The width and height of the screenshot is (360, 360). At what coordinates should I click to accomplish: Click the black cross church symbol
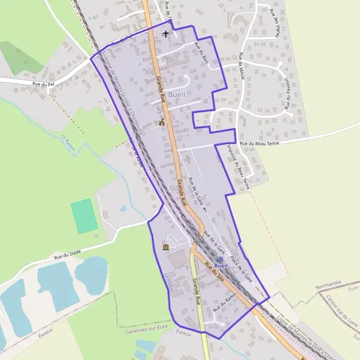click(166, 34)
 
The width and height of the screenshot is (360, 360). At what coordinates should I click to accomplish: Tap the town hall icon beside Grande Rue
click(161, 122)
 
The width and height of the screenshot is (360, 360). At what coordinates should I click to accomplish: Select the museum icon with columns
click(166, 247)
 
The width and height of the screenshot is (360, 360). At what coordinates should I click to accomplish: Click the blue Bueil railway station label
click(221, 265)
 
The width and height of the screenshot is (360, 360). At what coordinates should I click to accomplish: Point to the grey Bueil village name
click(177, 94)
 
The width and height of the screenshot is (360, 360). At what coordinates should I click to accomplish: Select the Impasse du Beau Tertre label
click(238, 167)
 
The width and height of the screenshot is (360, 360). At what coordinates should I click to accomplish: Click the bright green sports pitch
click(84, 216)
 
